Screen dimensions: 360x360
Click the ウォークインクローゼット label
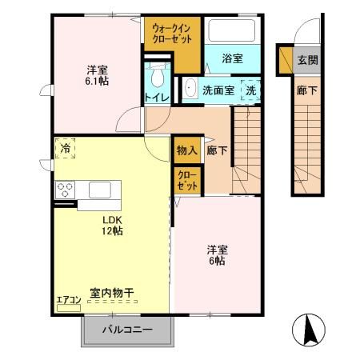pyautogui.click(x=170, y=34)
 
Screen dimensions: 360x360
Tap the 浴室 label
pyautogui.click(x=232, y=59)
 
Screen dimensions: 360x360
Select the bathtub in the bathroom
pyautogui.click(x=232, y=33)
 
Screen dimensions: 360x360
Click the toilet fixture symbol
pyautogui.click(x=156, y=78)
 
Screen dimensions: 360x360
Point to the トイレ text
pyautogui.click(x=156, y=97)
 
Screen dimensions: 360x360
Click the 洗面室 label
pyautogui.click(x=218, y=90)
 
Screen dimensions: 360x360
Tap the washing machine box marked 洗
pyautogui.click(x=251, y=90)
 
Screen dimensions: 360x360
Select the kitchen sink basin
pyautogui.click(x=101, y=190)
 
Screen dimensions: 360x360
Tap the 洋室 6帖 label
pyautogui.click(x=216, y=254)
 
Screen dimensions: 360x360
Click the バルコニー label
pyautogui.click(x=128, y=329)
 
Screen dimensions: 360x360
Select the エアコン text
pyautogui.click(x=68, y=301)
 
